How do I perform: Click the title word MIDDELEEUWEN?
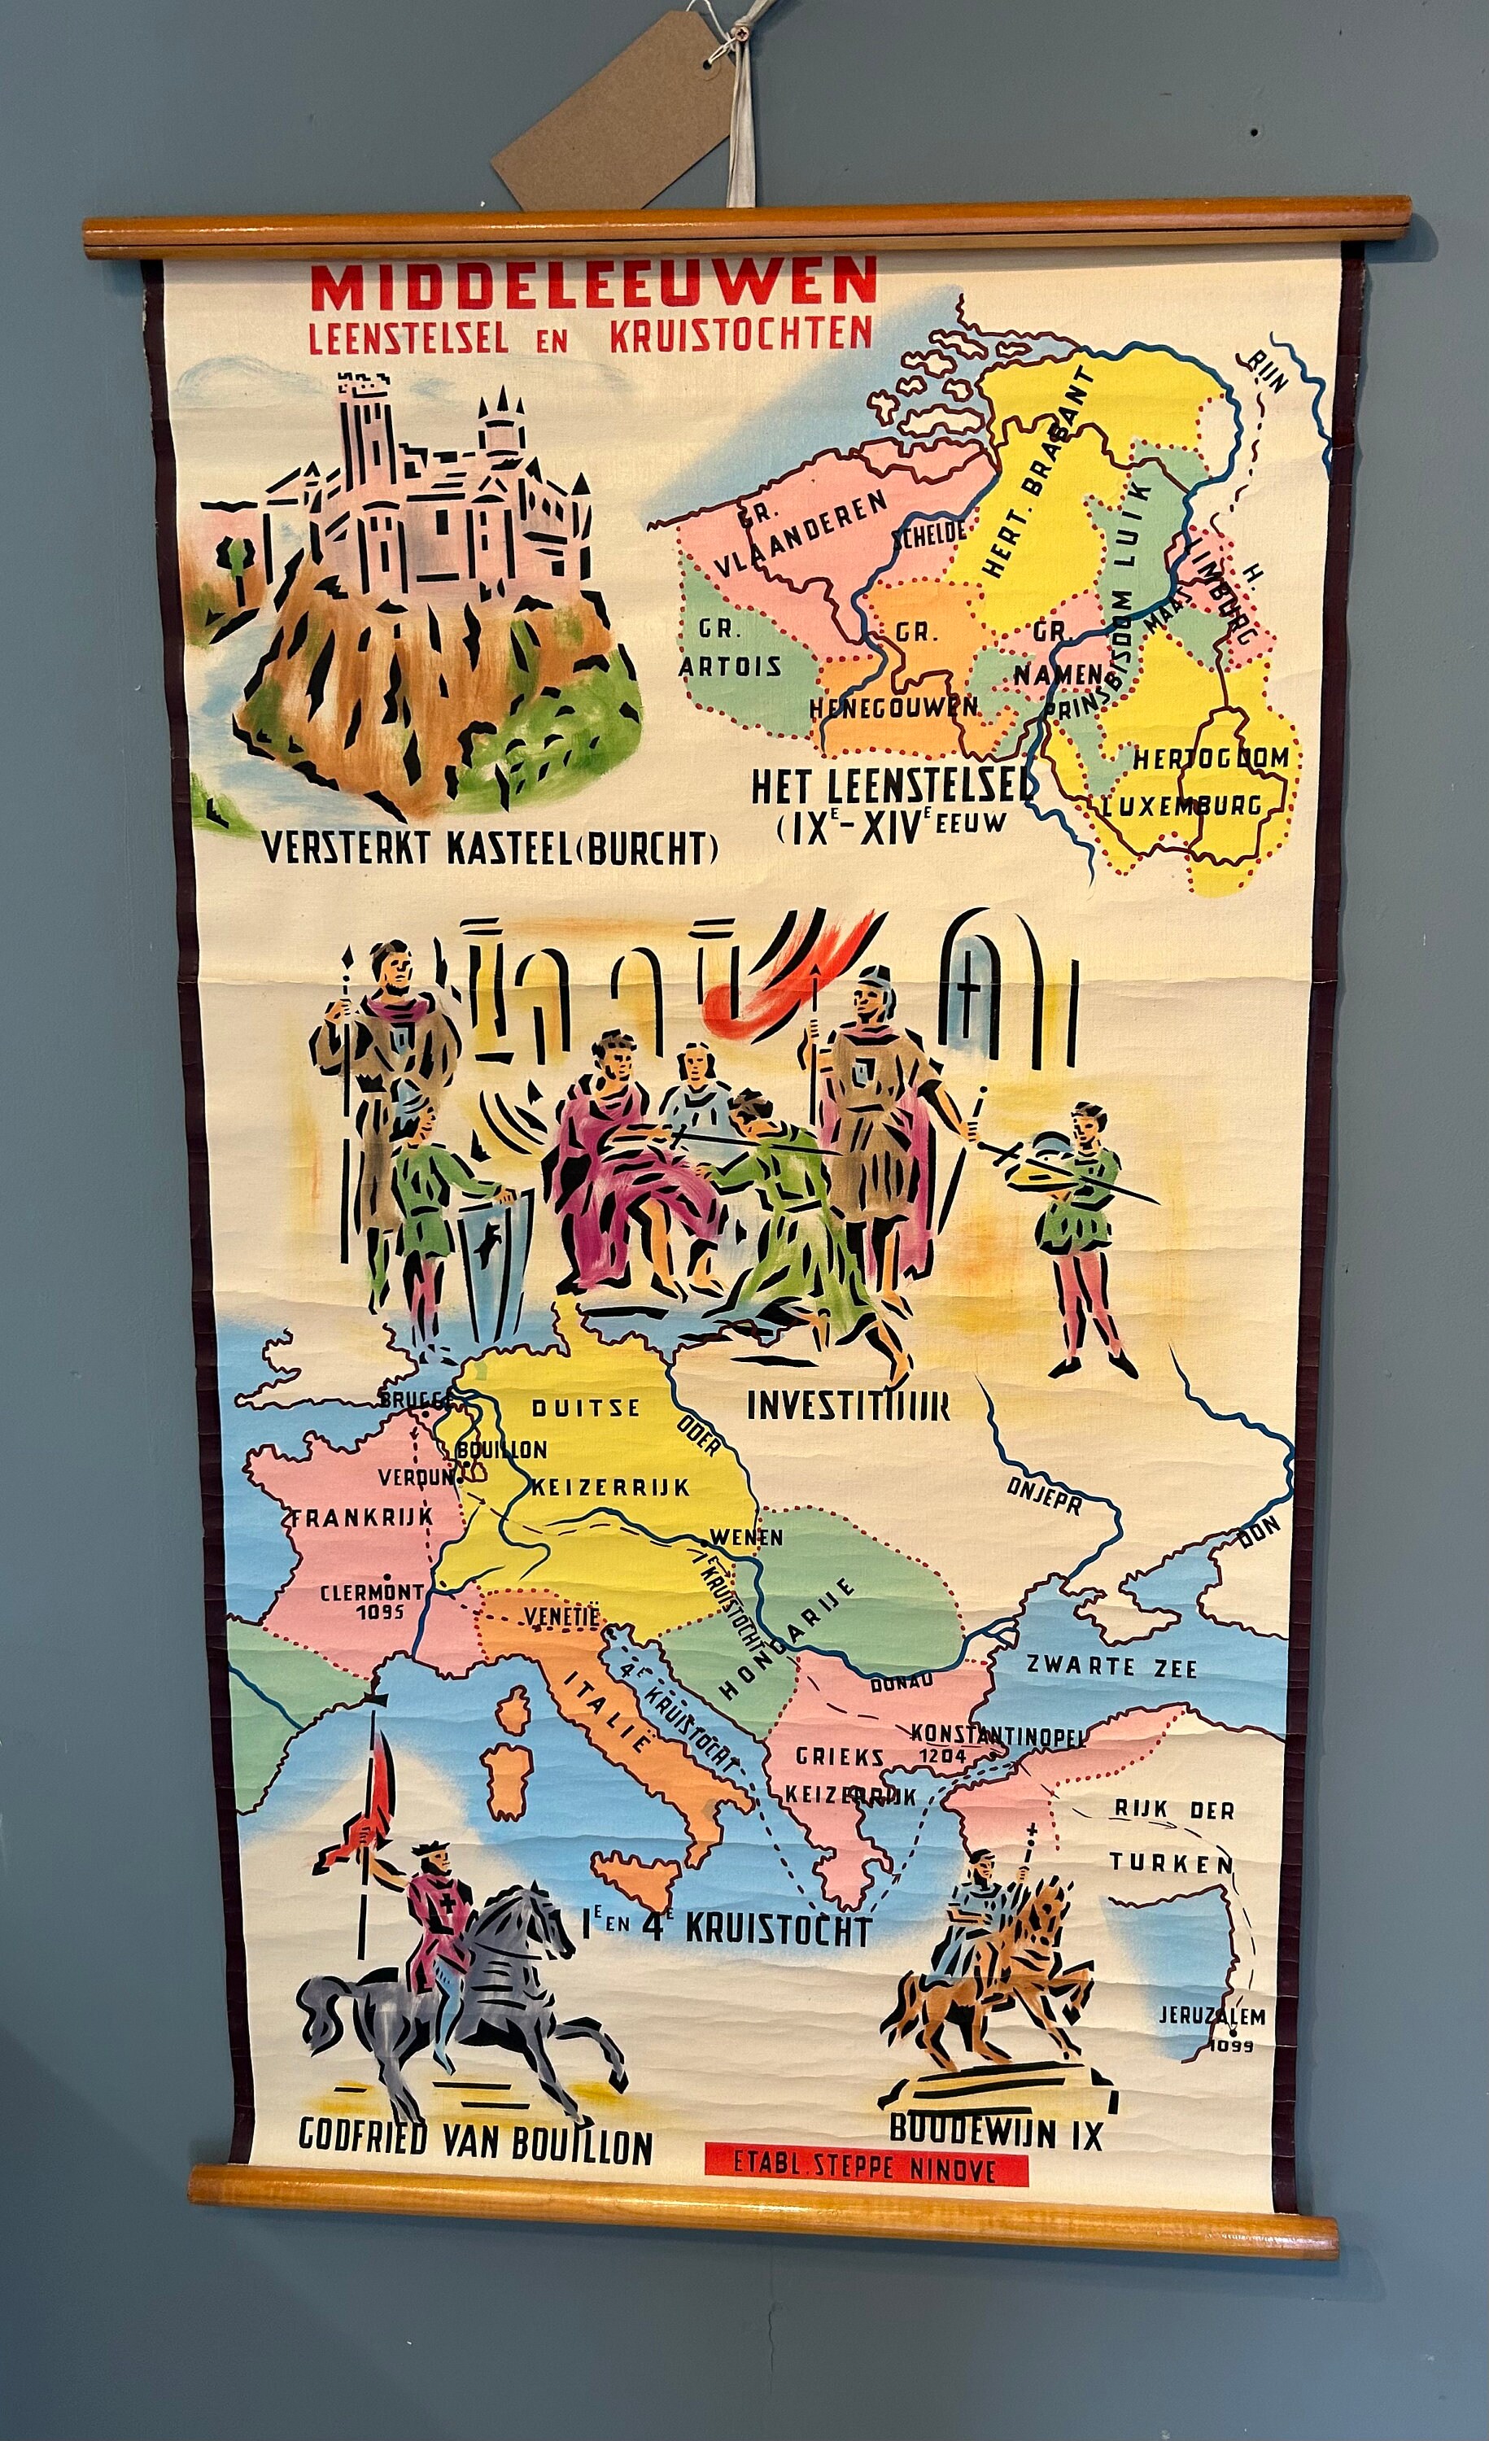pos(592,284)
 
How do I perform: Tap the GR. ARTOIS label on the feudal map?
pos(729,647)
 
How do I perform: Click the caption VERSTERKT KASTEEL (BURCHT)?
pos(489,848)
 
